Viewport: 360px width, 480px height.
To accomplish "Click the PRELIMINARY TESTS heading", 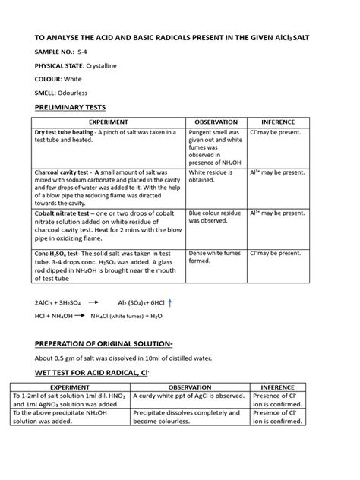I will (68, 108).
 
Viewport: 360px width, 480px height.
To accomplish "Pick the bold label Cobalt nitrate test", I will (61, 213).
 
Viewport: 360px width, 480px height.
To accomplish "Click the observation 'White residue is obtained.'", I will (215, 177).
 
